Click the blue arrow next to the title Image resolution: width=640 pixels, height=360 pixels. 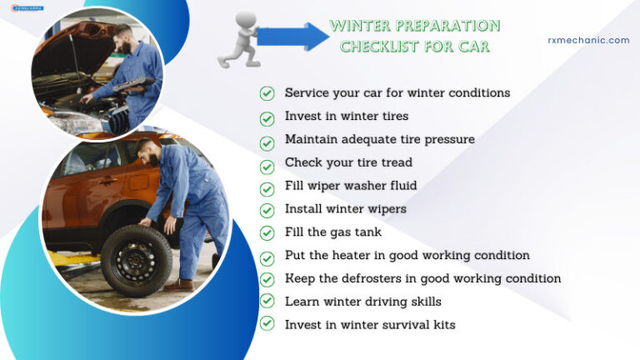(292, 37)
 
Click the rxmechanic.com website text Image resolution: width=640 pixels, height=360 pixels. (588, 40)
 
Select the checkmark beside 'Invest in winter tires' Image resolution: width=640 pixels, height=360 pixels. (267, 117)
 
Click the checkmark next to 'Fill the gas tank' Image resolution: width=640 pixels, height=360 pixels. (267, 232)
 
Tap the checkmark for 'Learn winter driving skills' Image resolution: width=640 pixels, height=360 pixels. (267, 301)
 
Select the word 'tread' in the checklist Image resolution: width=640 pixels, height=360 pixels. (394, 162)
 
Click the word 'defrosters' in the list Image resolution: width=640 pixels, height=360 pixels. (372, 278)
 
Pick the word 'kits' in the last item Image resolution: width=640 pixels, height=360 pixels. (441, 324)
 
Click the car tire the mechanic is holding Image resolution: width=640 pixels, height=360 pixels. (136, 258)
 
